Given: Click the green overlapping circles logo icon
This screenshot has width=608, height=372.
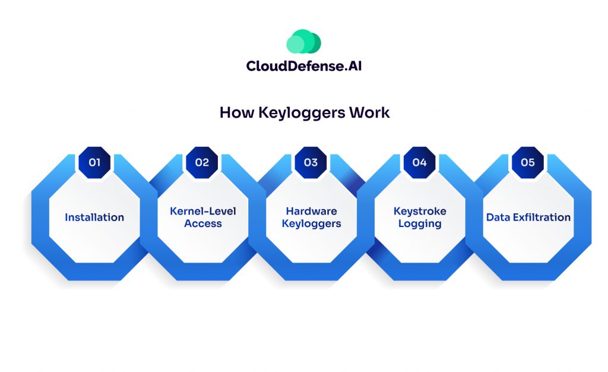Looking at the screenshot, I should [303, 42].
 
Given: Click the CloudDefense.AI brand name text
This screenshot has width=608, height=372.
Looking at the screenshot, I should [303, 66].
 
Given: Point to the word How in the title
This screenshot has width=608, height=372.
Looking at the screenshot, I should [237, 112].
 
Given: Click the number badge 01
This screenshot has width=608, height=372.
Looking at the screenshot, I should [94, 162].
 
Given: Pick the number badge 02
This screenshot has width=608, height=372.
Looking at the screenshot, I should [202, 162].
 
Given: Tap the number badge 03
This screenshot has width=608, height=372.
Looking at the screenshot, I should [311, 162].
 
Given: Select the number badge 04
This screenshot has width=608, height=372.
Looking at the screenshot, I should [419, 162].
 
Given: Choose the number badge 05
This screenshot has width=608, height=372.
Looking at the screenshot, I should [527, 162].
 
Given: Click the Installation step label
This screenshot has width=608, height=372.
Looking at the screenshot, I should [94, 217].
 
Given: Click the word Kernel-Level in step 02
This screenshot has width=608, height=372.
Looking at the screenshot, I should [203, 211].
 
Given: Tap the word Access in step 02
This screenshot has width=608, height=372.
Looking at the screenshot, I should [203, 224].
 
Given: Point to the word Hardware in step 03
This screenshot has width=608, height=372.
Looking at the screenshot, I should [311, 211].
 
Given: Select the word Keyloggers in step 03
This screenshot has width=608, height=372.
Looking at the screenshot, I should [311, 224].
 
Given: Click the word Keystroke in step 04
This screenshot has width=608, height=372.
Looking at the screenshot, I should [420, 211].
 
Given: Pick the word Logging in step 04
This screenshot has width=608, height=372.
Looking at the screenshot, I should [420, 224].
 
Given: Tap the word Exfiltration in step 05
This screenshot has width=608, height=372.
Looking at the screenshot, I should [540, 217].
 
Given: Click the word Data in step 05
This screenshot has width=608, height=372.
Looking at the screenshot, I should [498, 217].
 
